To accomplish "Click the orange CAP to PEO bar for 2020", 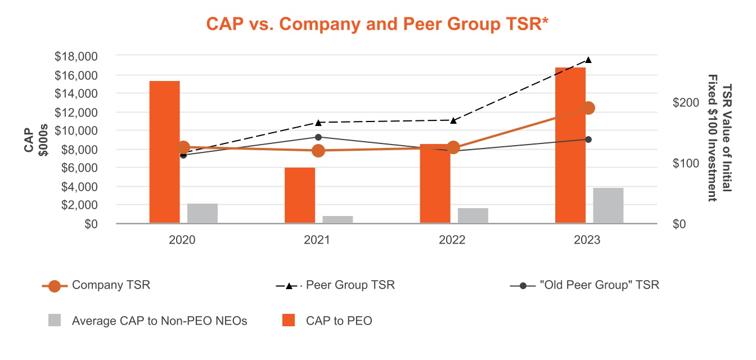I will click(x=165, y=152).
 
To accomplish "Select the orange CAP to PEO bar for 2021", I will click(x=300, y=195).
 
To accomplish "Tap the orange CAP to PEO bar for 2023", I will click(x=570, y=145).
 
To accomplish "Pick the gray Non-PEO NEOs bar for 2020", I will click(x=202, y=213).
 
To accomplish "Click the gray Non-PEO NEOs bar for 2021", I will click(x=337, y=219).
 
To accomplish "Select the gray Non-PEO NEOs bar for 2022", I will click(x=473, y=215).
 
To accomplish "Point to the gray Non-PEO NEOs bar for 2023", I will click(x=608, y=205).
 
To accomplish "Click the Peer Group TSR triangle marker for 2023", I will click(x=588, y=60).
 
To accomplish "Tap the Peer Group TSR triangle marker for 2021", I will click(x=318, y=122).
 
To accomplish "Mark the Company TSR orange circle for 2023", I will click(x=588, y=108).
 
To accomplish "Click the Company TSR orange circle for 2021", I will click(x=318, y=150).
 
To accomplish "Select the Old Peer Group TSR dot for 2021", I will click(x=318, y=137).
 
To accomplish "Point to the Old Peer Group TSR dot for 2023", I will click(x=588, y=139).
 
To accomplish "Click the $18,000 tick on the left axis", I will click(x=76, y=56).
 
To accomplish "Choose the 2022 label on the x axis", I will click(x=452, y=240).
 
